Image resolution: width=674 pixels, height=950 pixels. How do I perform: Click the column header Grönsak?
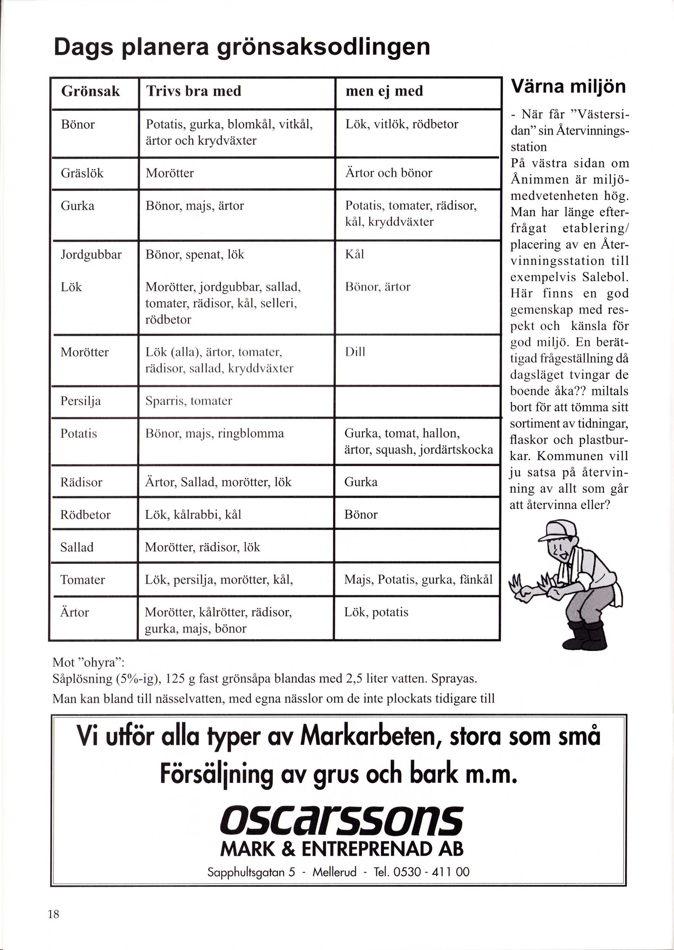tap(91, 91)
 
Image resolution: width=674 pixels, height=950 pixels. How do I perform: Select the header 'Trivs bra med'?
tap(194, 91)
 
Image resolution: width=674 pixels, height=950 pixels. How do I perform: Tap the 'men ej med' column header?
tap(384, 91)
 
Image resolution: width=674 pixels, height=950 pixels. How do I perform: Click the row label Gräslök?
tap(82, 173)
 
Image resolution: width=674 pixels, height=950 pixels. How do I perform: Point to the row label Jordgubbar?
tap(91, 254)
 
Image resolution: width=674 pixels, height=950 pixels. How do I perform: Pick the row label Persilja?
tap(80, 401)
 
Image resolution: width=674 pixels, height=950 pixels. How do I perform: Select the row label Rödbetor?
tap(85, 515)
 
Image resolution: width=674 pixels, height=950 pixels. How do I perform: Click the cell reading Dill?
tap(355, 352)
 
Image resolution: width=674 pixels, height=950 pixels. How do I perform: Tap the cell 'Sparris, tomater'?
tap(189, 401)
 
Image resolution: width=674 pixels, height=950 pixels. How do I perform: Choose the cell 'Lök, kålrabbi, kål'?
tap(193, 515)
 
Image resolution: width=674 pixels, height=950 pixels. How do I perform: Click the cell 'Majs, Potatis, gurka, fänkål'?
tap(418, 580)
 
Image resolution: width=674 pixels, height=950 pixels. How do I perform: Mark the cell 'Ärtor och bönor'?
tap(388, 173)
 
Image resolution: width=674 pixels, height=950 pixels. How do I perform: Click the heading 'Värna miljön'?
tap(568, 87)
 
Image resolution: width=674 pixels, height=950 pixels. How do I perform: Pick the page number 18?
tap(53, 914)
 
